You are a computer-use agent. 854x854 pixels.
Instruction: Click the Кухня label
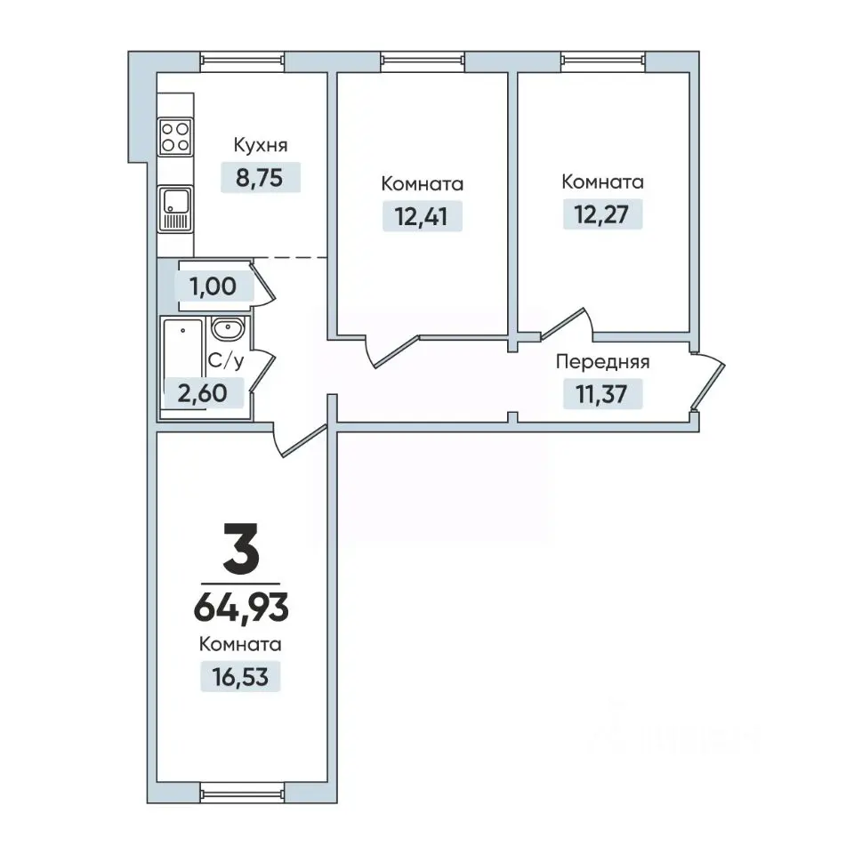(x=261, y=145)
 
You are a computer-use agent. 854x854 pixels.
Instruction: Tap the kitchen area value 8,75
(x=260, y=178)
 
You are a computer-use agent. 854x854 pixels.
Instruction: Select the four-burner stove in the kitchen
(x=175, y=137)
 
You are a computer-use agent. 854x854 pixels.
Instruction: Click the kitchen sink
(x=175, y=208)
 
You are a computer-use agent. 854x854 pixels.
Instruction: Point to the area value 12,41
(x=422, y=216)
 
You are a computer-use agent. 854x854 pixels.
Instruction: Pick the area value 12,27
(x=602, y=214)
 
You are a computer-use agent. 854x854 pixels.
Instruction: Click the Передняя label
(x=602, y=362)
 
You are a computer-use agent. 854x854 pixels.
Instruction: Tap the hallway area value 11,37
(x=602, y=394)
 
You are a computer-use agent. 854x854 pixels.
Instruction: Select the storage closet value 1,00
(x=213, y=286)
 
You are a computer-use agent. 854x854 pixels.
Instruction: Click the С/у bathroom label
(x=226, y=360)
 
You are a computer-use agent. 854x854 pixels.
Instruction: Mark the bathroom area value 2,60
(x=203, y=393)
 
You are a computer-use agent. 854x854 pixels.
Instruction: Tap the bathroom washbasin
(x=229, y=329)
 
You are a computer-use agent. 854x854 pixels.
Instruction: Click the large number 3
(x=241, y=548)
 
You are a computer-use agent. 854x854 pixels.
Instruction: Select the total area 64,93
(x=241, y=608)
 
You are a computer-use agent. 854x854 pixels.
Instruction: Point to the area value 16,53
(x=240, y=677)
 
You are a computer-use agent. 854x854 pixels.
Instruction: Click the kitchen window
(x=242, y=61)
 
